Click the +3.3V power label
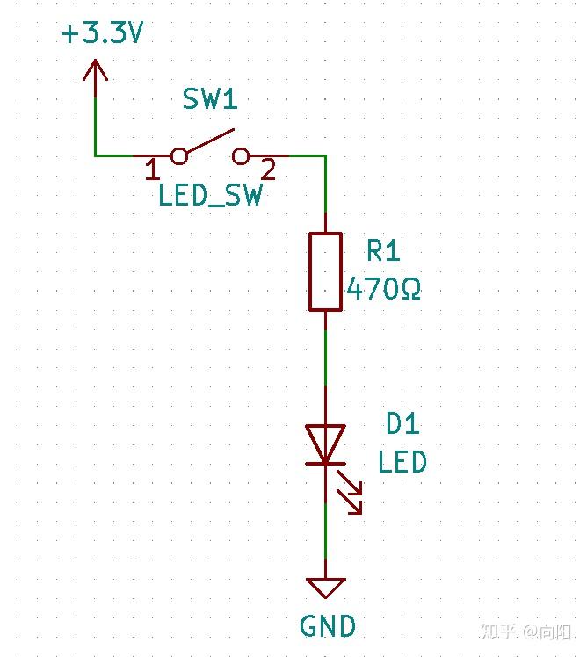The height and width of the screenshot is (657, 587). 102,34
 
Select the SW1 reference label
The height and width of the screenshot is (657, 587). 210,100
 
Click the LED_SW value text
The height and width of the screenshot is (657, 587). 210,194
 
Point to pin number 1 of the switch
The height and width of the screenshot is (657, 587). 150,168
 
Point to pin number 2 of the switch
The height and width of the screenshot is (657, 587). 269,168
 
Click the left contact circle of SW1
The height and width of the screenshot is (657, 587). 178,156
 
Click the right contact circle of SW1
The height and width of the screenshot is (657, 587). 241,156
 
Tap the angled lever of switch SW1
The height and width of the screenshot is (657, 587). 209,143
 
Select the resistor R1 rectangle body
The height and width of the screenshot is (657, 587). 325,271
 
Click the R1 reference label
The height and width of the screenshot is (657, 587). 383,252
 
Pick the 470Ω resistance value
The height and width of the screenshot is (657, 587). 383,288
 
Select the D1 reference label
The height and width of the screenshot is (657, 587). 402,425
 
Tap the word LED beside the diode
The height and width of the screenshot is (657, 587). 402,462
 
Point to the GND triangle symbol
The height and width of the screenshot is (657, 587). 325,587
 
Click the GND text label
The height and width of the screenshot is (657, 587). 328,626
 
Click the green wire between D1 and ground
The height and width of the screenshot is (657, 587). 325,536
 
